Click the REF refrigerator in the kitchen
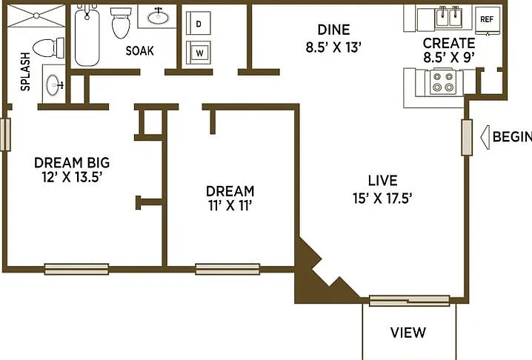[x=488, y=20]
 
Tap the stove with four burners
[x=444, y=82]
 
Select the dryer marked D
[x=199, y=23]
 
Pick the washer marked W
[x=199, y=53]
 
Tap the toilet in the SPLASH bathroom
[x=50, y=48]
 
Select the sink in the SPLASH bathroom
[x=54, y=85]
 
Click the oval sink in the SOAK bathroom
[x=158, y=17]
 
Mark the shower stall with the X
[x=36, y=16]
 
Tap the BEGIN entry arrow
[x=485, y=138]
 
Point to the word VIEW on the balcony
[x=408, y=333]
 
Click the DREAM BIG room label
[x=72, y=162]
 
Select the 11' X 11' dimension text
[x=230, y=206]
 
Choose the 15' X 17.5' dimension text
[x=382, y=199]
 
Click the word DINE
[x=334, y=30]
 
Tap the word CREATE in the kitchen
[x=449, y=44]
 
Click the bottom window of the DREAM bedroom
[x=227, y=269]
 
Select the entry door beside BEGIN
[x=467, y=138]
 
